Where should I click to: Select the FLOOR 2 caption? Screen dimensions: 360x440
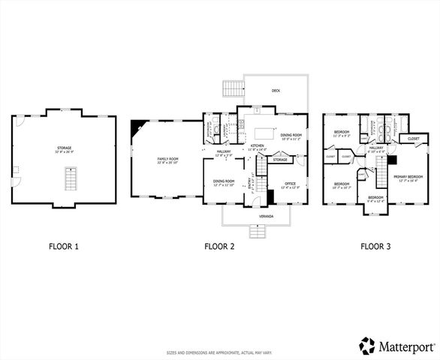219,245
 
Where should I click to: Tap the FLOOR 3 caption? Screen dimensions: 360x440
375,245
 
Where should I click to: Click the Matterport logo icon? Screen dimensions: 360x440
368,345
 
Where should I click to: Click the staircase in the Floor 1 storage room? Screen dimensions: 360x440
69,181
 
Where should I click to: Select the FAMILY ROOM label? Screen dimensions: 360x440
167,160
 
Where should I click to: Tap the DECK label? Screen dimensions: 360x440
276,93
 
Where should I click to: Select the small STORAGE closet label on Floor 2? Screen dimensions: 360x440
280,160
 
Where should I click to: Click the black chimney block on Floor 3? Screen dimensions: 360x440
392,161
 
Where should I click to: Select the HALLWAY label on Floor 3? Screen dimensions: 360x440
377,149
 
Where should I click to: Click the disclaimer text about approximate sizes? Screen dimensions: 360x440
219,352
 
